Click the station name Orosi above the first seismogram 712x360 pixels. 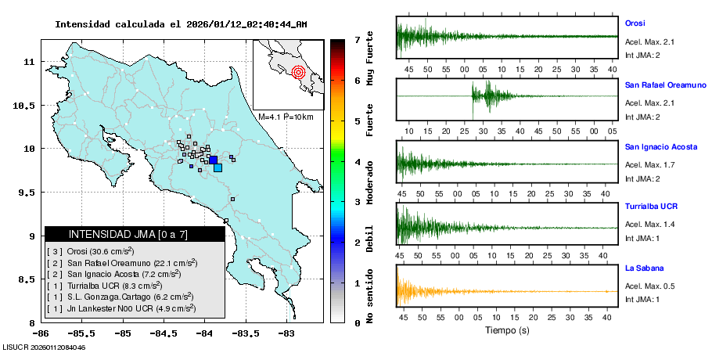pos(635,23)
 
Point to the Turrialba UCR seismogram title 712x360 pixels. pos(651,207)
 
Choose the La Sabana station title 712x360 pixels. pos(642,268)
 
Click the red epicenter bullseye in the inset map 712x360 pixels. pos(298,73)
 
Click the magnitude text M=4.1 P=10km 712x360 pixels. pos(286,117)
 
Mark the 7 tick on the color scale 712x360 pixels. pos(357,39)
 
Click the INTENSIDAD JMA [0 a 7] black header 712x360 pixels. pos(135,234)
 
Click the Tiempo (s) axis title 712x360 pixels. pos(507,331)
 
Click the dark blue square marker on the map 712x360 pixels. pos(213,160)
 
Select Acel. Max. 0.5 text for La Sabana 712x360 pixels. pos(649,286)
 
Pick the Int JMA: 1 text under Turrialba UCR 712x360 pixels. pos(643,238)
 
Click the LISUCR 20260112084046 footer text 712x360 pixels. pos(44,347)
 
